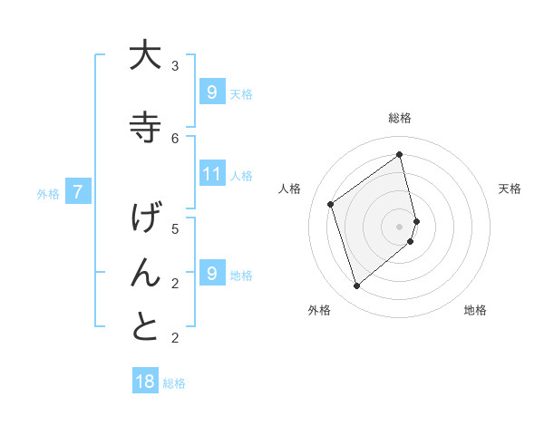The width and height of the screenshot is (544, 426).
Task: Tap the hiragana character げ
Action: coord(145,218)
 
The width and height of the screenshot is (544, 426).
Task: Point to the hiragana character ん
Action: coord(145,272)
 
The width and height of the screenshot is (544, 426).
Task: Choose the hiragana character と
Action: coord(145,327)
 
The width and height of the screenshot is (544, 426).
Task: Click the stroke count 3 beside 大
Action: coord(175,66)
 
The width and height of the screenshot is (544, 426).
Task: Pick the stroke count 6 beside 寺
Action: coord(175,138)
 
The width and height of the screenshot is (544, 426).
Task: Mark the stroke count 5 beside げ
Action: coord(175,228)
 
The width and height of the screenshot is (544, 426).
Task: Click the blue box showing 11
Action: coord(211,175)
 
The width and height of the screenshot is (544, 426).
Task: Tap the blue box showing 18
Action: coord(145,382)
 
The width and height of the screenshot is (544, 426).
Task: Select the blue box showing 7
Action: coord(79,192)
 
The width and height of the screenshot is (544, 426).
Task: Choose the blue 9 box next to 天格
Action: coord(211,92)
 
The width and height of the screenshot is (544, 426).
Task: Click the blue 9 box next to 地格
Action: coord(211,274)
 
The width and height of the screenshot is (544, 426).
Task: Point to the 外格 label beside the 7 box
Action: coord(48,194)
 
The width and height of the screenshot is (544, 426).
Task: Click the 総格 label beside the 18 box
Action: coord(174,383)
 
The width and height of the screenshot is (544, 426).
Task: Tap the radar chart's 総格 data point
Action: coord(400,154)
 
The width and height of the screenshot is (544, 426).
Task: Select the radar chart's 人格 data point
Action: coord(331,204)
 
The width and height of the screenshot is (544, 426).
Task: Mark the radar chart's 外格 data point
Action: coord(356,286)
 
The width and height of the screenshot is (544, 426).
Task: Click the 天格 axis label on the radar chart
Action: coord(510,189)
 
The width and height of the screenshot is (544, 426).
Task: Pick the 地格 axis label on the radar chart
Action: coord(475,310)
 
